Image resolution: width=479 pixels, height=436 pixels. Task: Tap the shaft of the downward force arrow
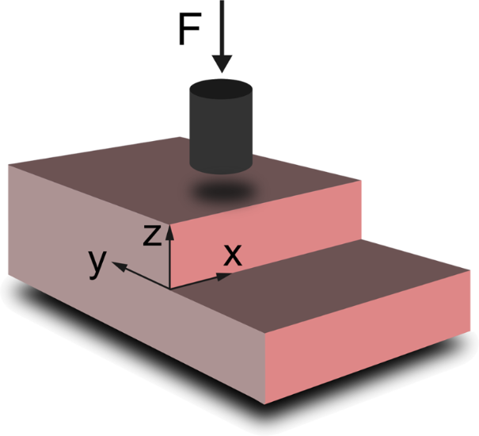click(x=222, y=28)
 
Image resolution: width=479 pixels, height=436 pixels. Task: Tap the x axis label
click(x=231, y=255)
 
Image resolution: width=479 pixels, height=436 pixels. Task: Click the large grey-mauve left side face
click(x=119, y=301)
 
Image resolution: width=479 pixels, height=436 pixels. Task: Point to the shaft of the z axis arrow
click(x=169, y=258)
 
